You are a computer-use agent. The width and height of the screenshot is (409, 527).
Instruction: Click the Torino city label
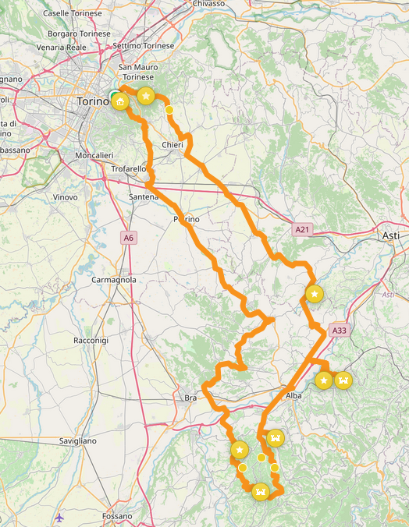coord(93,102)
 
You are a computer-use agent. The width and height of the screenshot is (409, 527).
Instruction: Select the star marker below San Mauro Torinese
coord(145,97)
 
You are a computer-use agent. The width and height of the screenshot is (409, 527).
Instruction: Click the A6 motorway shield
coord(128,237)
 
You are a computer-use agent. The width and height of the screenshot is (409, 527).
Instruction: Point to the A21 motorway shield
coord(304,230)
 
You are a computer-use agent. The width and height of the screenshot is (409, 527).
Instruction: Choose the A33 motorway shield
coord(339,331)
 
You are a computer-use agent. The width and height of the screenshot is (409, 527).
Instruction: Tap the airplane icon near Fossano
coord(59,518)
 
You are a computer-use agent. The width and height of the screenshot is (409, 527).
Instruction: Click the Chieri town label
coord(172,146)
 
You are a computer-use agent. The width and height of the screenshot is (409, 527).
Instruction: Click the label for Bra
coord(190,398)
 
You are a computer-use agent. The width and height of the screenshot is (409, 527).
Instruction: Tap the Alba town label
coord(293,396)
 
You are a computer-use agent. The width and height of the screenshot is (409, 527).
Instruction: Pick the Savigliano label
coord(77,441)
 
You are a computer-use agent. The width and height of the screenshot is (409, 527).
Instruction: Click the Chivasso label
coord(208,4)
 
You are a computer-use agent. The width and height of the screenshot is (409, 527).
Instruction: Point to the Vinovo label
coord(65,197)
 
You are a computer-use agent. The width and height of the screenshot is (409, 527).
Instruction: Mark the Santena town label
coord(144,197)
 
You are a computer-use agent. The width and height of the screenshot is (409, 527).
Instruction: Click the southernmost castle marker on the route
coord(261,492)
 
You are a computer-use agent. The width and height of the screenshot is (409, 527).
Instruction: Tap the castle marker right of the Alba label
coord(343,380)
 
